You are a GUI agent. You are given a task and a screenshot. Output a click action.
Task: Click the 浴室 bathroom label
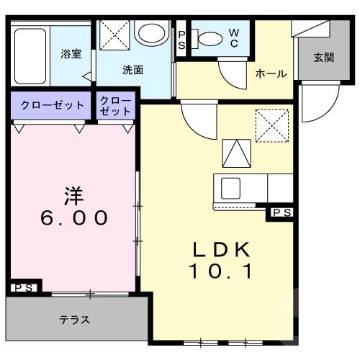(70, 53)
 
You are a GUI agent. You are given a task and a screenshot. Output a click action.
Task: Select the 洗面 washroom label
(132, 71)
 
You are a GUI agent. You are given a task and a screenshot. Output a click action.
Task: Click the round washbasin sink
(151, 33)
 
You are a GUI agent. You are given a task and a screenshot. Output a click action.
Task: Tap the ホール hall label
(271, 73)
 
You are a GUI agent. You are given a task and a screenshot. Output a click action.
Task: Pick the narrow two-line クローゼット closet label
(116, 105)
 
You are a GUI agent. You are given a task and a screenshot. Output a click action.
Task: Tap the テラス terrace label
(74, 320)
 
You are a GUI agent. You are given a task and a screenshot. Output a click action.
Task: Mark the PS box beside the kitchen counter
(282, 212)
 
